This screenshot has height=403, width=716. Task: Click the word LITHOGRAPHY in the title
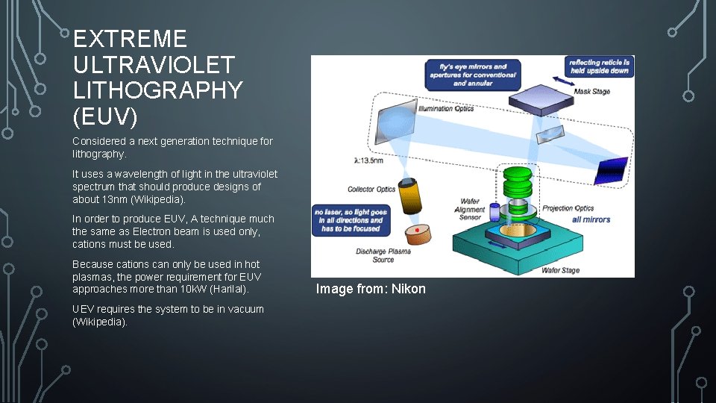(158, 90)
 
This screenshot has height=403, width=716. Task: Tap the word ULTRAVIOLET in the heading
(154, 65)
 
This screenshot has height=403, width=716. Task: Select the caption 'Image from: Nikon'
(371, 289)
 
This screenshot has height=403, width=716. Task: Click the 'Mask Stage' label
(591, 93)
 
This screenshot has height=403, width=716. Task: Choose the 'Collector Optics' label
(371, 190)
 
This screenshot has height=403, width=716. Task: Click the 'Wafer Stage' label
(562, 270)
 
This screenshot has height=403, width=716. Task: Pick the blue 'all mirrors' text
(591, 219)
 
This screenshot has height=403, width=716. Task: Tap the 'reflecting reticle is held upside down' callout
(599, 66)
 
